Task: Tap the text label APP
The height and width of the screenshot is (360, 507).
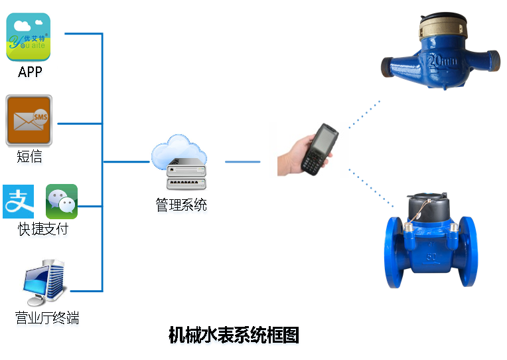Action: pyautogui.click(x=31, y=72)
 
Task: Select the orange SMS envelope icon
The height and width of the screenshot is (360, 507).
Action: pyautogui.click(x=29, y=119)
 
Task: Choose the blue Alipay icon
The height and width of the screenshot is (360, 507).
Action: pyautogui.click(x=19, y=201)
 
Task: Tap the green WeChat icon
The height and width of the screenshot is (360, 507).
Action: pyautogui.click(x=62, y=201)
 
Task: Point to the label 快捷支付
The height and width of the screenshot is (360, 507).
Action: pyautogui.click(x=43, y=230)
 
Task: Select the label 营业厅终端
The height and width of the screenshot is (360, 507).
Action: pyautogui.click(x=47, y=319)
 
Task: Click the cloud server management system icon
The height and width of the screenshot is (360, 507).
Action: pyautogui.click(x=179, y=163)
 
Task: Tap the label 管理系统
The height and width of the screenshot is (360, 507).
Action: pyautogui.click(x=181, y=206)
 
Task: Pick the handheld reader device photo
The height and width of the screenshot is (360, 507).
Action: pyautogui.click(x=308, y=149)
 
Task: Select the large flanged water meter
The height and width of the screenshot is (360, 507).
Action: pyautogui.click(x=432, y=243)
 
